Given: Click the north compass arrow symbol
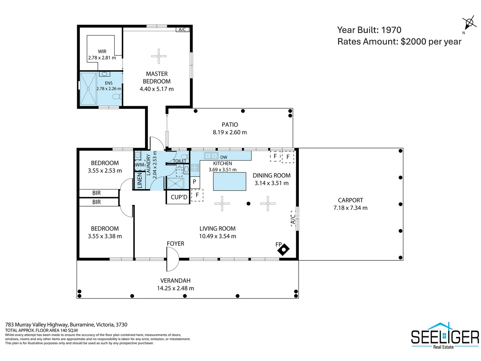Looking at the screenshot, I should [x=469, y=23].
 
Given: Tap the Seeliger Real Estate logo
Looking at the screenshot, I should [x=445, y=336].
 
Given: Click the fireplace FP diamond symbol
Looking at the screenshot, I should [x=284, y=249].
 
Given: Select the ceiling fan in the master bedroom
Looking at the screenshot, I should [x=159, y=56].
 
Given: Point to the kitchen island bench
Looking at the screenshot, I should [x=229, y=182].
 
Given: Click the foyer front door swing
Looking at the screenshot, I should [x=172, y=259].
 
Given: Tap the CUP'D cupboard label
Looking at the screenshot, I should [x=179, y=197].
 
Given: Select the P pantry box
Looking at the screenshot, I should [x=194, y=182].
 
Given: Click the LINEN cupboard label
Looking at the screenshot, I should [x=140, y=180].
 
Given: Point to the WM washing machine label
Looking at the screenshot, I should [x=140, y=165].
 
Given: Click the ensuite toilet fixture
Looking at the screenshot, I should [x=116, y=97].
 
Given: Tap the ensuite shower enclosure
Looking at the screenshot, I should [x=88, y=89].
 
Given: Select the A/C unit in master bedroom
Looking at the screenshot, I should [x=182, y=29].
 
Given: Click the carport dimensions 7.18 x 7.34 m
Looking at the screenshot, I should [x=350, y=208].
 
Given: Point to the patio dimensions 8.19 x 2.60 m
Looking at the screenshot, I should [x=230, y=132].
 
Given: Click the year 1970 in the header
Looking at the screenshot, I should [x=391, y=30].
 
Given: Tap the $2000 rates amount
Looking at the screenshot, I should [x=413, y=42].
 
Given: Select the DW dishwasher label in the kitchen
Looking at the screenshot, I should [x=224, y=157].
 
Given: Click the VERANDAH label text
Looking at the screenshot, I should [x=175, y=281].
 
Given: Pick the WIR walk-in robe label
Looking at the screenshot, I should [x=102, y=51].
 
